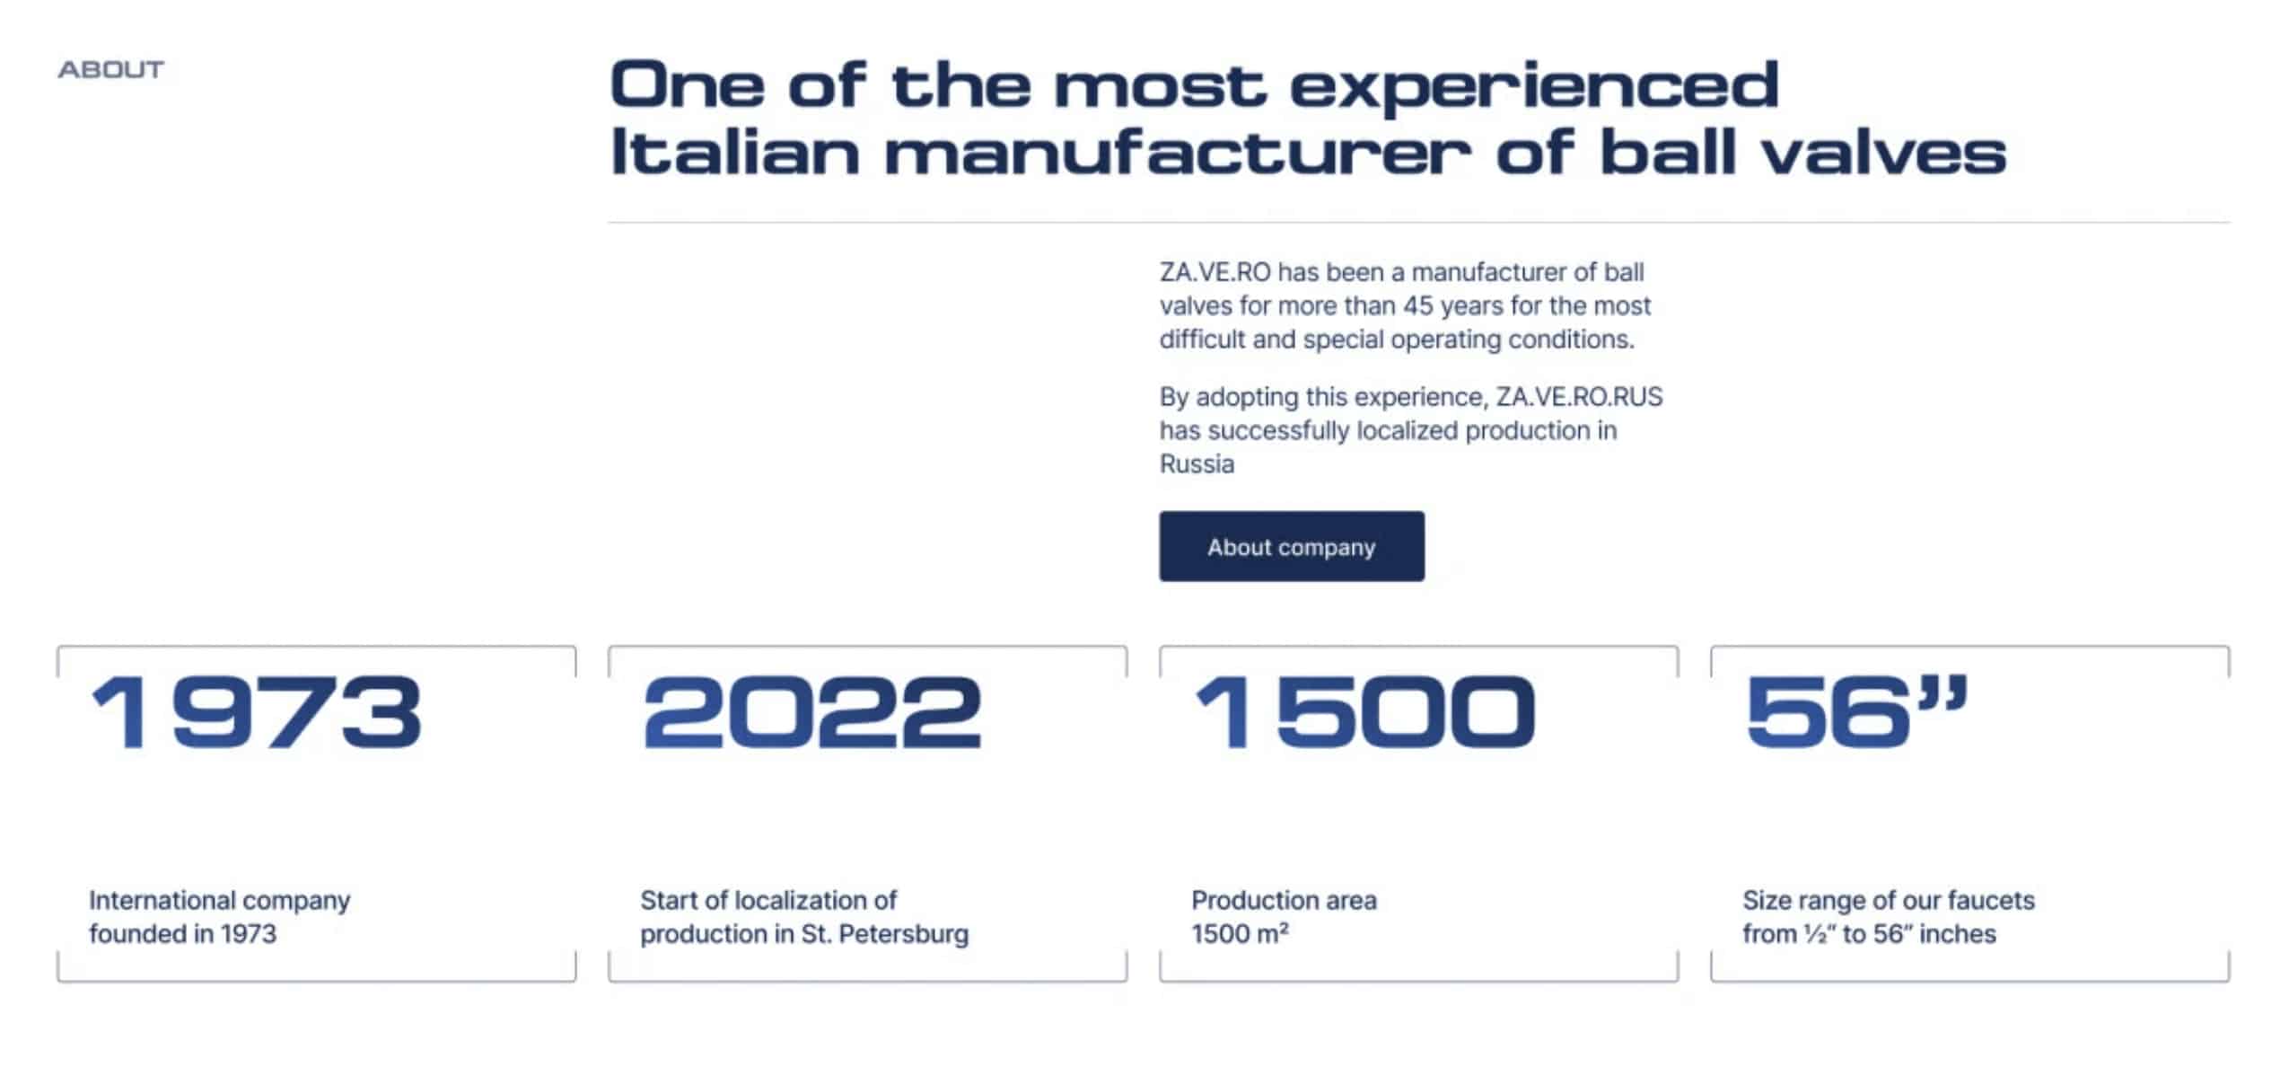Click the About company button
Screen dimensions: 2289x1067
pyautogui.click(x=1291, y=546)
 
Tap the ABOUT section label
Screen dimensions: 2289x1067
pyautogui.click(x=111, y=70)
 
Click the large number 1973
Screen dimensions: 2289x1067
pyautogui.click(x=256, y=712)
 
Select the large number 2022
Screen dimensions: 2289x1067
pyautogui.click(x=812, y=712)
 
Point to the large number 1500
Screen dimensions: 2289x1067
pyautogui.click(x=1365, y=712)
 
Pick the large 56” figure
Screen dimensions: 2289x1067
pyautogui.click(x=1857, y=712)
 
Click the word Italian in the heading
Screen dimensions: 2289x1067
pyautogui.click(x=735, y=151)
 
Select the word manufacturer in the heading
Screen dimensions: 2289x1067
pyautogui.click(x=1178, y=151)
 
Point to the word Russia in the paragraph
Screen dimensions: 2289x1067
pyautogui.click(x=1197, y=464)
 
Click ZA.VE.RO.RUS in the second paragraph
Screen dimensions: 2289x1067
pyautogui.click(x=1579, y=397)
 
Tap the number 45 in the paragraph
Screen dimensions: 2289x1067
pyautogui.click(x=1418, y=306)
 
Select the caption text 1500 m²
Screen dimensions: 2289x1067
pyautogui.click(x=1240, y=934)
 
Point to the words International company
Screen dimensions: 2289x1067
pyautogui.click(x=219, y=901)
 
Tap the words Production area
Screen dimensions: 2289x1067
pyautogui.click(x=1284, y=900)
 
